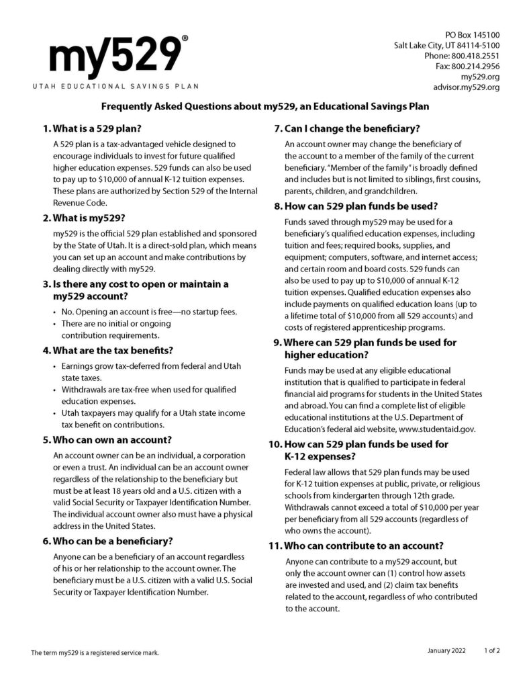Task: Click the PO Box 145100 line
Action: (x=473, y=34)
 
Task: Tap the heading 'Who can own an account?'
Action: (x=107, y=440)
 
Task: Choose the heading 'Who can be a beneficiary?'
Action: (x=113, y=541)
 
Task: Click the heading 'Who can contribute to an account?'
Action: (x=365, y=546)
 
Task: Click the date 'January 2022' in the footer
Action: (x=448, y=651)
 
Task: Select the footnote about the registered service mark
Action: (x=95, y=652)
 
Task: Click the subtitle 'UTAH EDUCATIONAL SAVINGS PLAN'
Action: (x=115, y=86)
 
